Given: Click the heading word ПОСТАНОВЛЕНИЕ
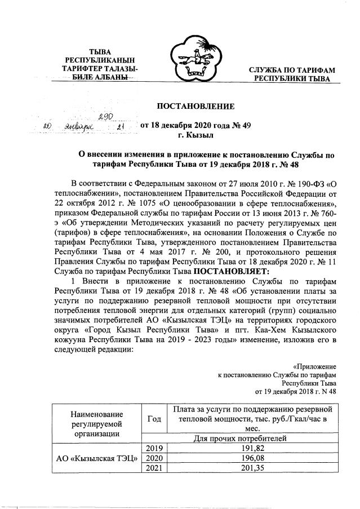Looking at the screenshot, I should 195,106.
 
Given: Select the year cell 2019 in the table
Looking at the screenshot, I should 154,449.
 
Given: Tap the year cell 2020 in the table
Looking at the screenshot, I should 154,459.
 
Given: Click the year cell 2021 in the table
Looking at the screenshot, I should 154,469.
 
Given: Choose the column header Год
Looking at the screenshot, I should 154,419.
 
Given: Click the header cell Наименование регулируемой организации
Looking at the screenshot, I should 97,423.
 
